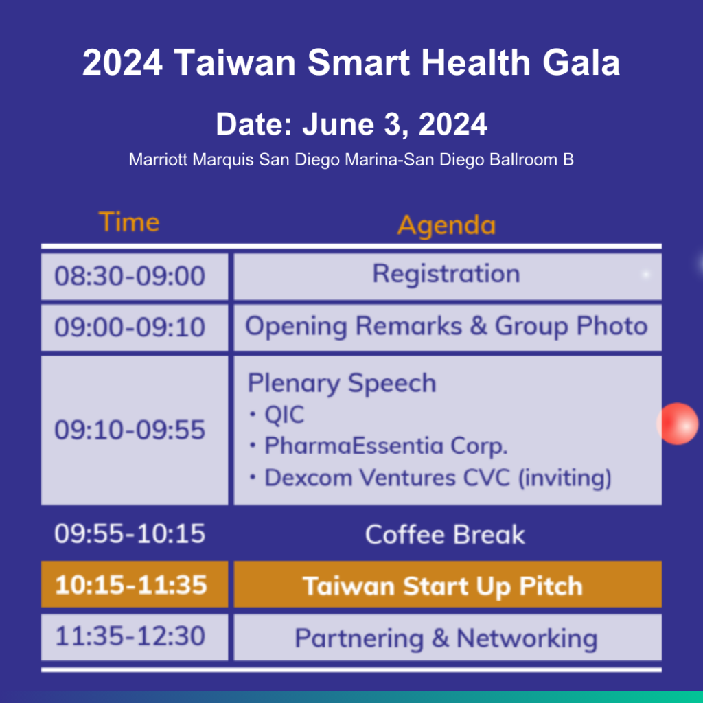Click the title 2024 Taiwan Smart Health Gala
click(351, 63)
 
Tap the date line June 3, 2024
click(351, 125)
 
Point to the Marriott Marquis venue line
click(351, 160)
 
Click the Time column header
click(129, 222)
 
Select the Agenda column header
click(446, 224)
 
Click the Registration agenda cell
click(446, 275)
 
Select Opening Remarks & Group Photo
click(446, 326)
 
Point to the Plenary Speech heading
click(341, 383)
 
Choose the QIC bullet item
click(283, 415)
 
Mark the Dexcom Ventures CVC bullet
click(437, 478)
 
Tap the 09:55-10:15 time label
click(130, 534)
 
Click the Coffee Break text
click(445, 535)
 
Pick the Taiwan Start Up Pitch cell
click(446, 586)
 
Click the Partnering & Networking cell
click(446, 638)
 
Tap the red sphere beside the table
click(678, 424)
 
